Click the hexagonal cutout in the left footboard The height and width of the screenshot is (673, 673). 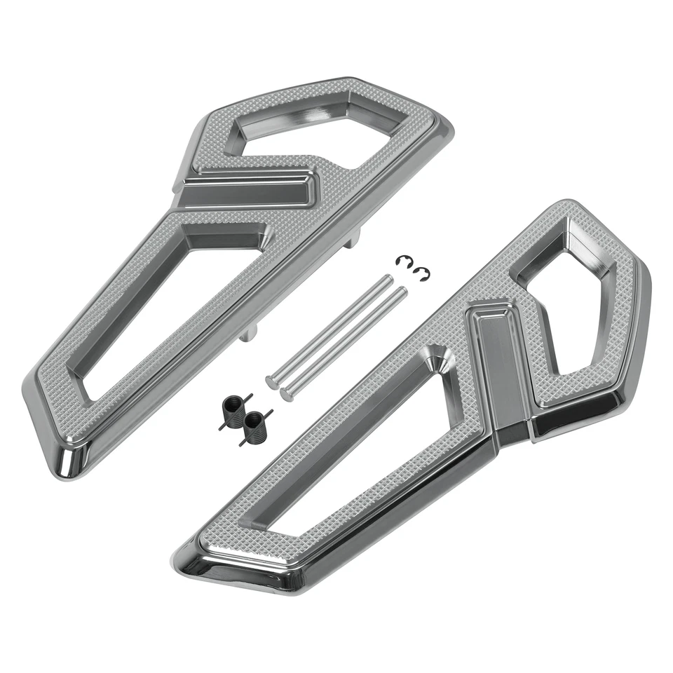(x=308, y=130)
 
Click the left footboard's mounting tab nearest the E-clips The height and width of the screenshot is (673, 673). (x=351, y=240)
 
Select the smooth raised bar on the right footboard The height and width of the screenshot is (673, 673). (x=499, y=365)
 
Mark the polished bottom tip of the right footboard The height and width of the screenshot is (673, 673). (x=193, y=564)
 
